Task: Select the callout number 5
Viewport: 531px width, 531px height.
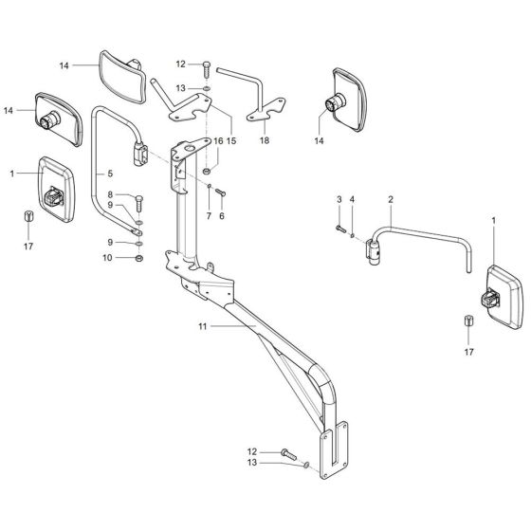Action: pyautogui.click(x=110, y=174)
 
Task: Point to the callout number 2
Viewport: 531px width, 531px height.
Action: pyautogui.click(x=390, y=200)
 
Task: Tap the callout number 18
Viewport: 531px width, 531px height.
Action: pyautogui.click(x=265, y=139)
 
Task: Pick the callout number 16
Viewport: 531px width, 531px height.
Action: pyautogui.click(x=218, y=140)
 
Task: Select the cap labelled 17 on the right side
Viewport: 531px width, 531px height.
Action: pyautogui.click(x=469, y=321)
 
